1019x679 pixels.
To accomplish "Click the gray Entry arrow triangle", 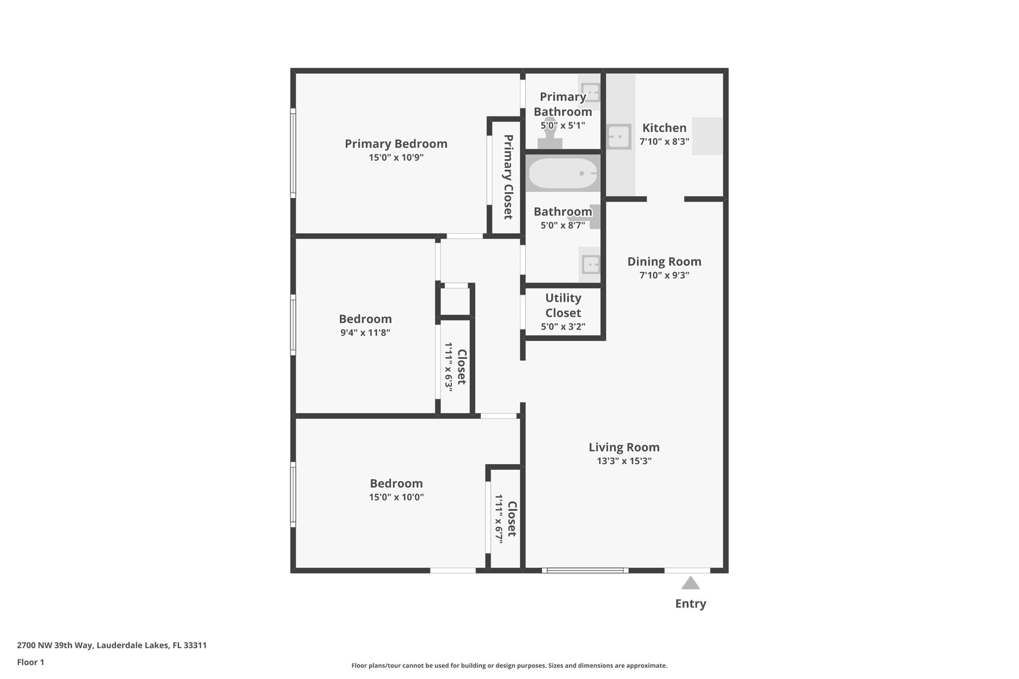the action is (690, 584).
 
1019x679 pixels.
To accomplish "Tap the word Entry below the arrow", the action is (690, 604).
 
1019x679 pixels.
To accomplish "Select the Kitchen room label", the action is (664, 128).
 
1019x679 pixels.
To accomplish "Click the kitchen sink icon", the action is (619, 137).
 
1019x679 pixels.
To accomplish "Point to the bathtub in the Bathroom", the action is (563, 173).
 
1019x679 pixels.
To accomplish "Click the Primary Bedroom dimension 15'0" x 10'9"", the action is (396, 158).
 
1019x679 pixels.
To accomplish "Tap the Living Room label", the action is (624, 447).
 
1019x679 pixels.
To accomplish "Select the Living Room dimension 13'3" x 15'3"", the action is (624, 461).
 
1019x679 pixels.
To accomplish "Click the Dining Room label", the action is (664, 262).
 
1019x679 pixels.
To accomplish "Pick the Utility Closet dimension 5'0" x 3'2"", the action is (563, 327).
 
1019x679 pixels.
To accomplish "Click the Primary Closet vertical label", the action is (508, 177).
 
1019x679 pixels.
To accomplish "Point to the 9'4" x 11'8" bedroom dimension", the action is (365, 333).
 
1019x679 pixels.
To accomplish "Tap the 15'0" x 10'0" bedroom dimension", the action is (396, 497).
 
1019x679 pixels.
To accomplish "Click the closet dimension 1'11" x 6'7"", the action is (499, 518).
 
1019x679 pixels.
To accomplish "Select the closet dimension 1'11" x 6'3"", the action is (449, 367).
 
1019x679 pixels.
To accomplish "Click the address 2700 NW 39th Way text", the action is (55, 646).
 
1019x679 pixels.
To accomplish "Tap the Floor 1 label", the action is (31, 662).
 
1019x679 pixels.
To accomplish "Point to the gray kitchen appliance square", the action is (707, 136).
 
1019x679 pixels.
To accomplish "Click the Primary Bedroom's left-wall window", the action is (292, 153).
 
